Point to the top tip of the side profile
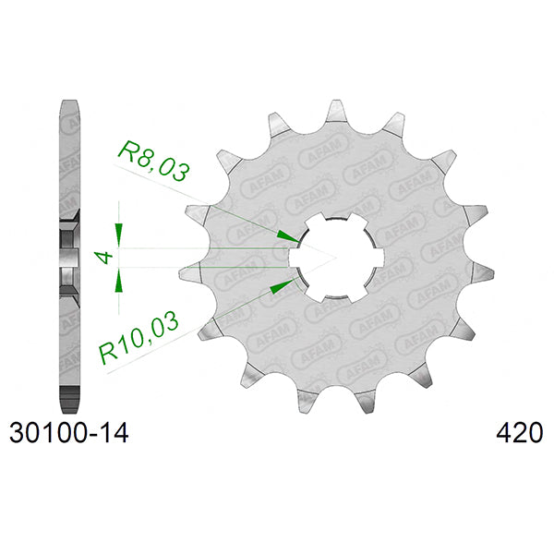70,101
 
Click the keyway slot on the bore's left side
299,256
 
